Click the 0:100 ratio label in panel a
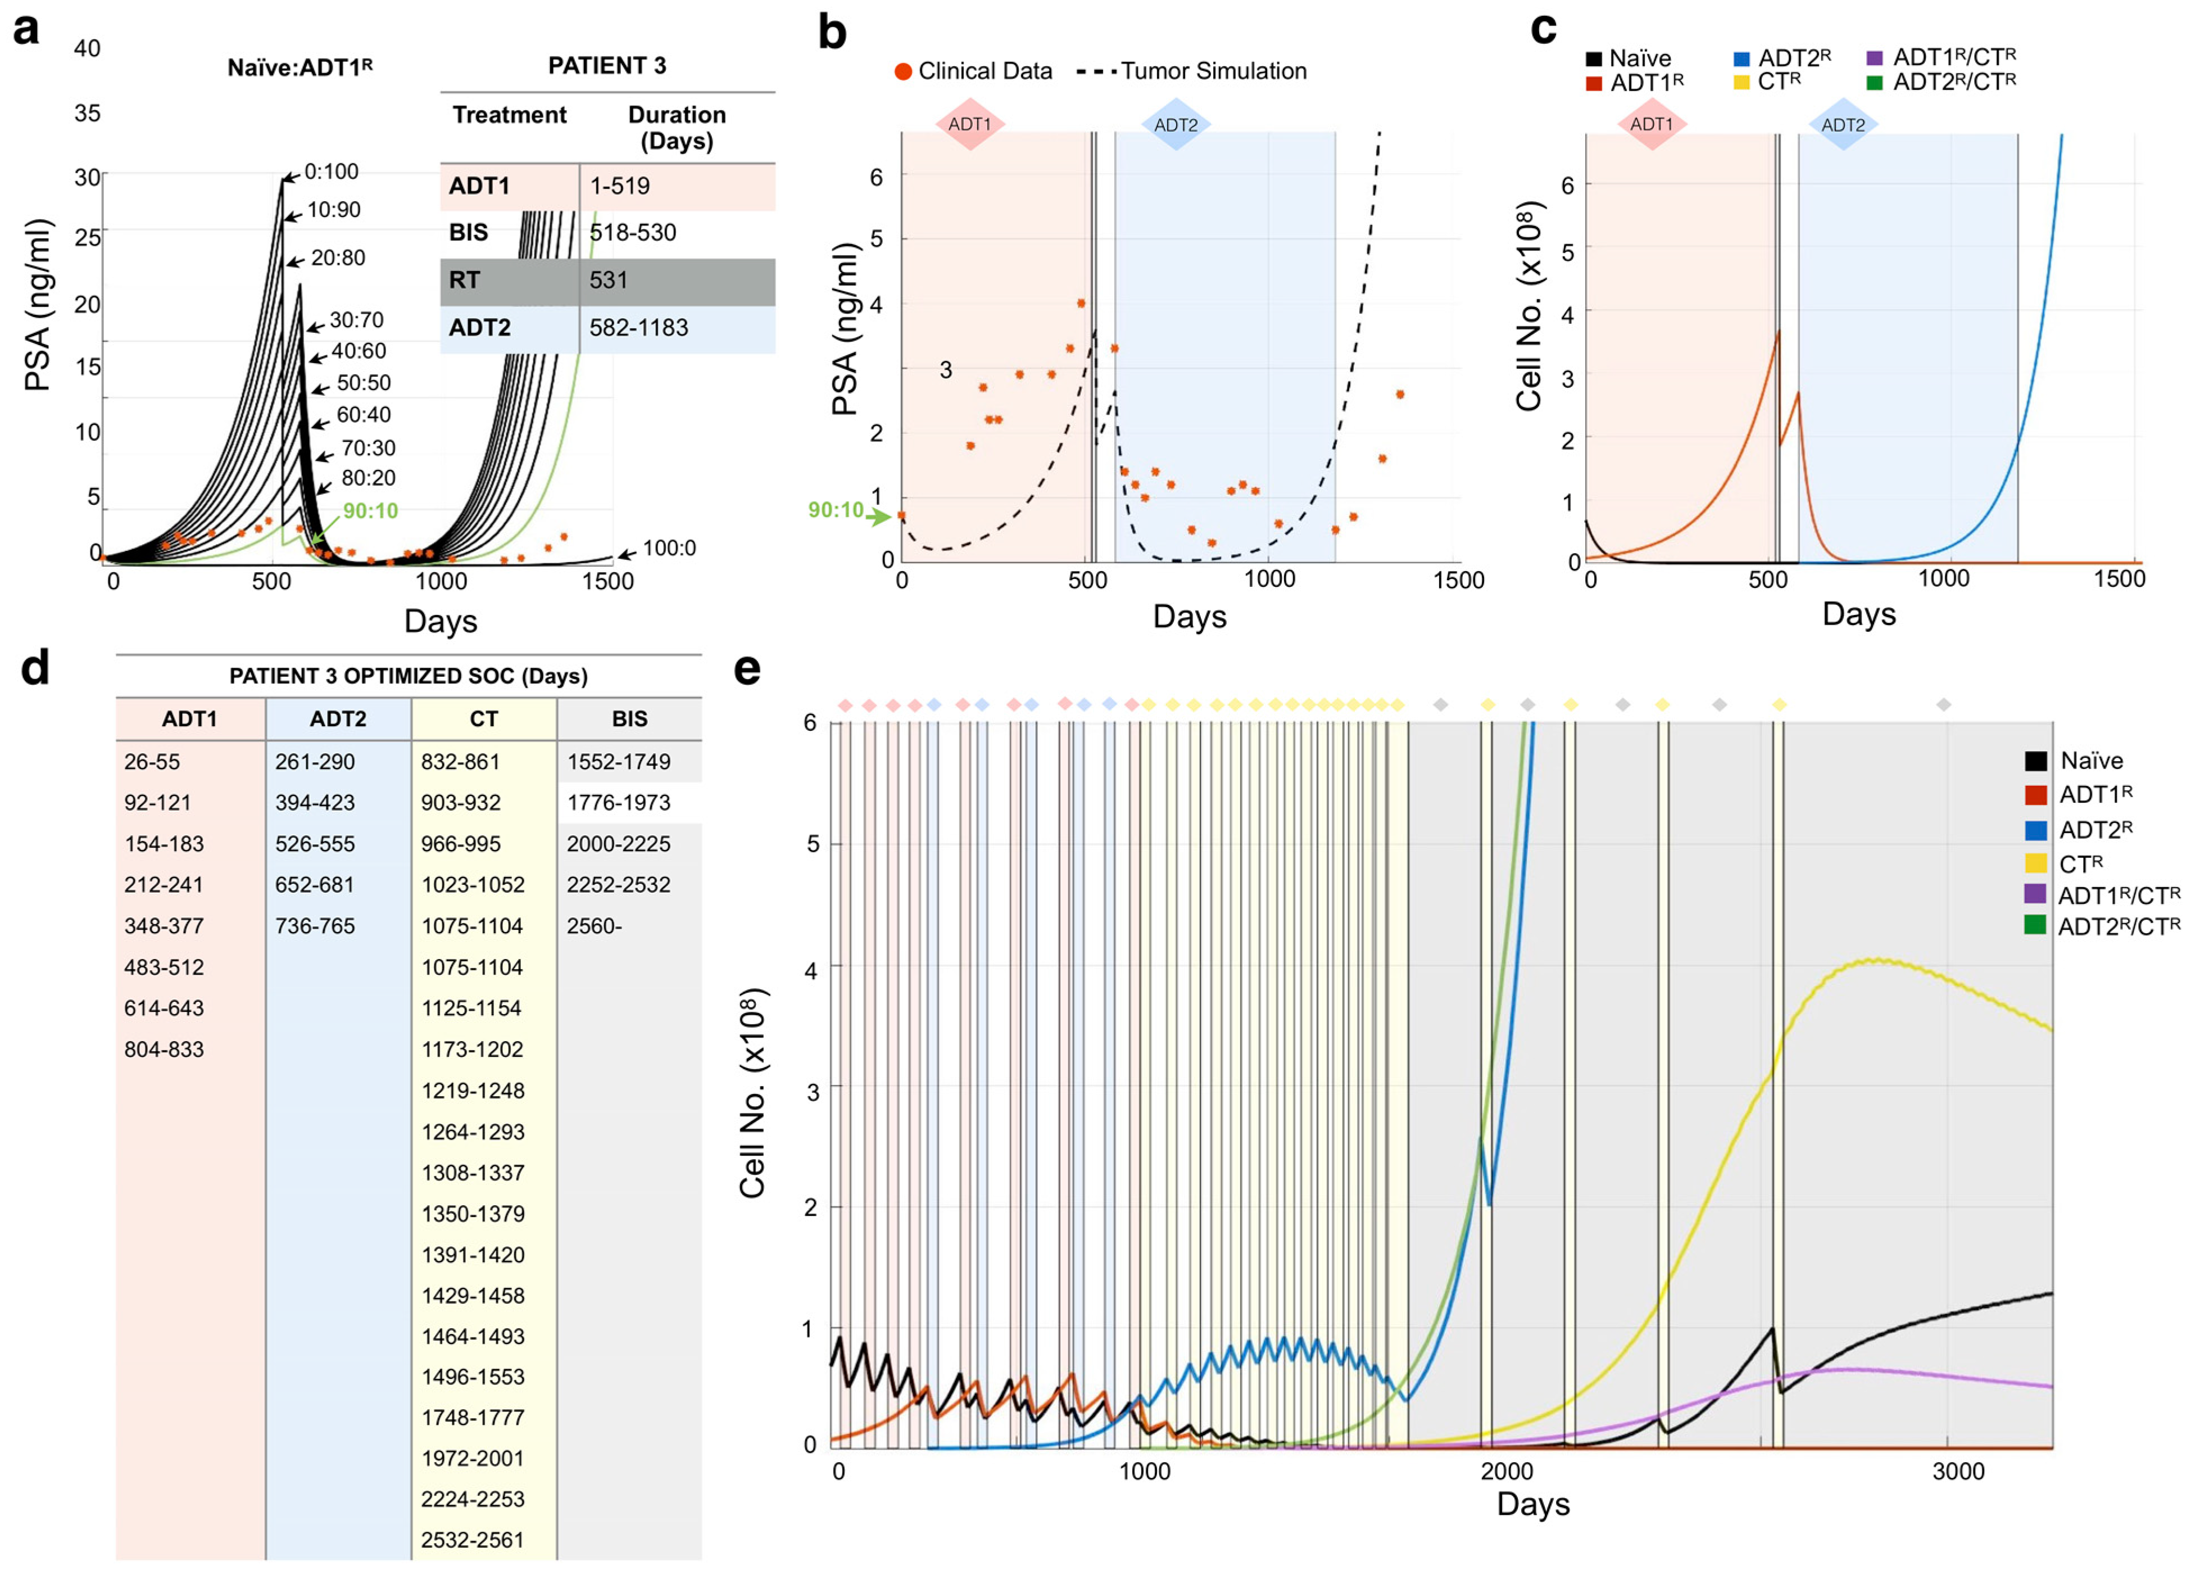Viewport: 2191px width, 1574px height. [332, 172]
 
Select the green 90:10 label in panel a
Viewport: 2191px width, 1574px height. [370, 510]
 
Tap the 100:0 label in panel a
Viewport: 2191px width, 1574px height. [669, 548]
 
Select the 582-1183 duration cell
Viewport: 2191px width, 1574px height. [638, 328]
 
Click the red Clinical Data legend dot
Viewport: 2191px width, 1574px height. [903, 71]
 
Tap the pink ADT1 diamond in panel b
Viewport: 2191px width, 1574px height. [970, 124]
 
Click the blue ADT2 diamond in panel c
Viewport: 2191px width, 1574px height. [1843, 125]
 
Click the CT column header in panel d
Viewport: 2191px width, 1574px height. [484, 719]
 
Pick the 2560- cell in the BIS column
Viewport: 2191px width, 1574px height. [594, 926]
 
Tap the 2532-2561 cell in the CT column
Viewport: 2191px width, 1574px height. [473, 1539]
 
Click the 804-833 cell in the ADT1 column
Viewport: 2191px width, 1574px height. [164, 1050]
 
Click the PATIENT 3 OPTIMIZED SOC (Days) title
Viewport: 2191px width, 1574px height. [409, 675]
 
